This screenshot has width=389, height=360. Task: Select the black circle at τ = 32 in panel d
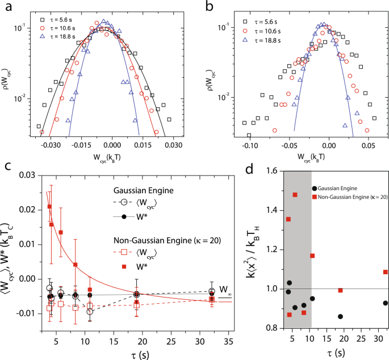coord(386,303)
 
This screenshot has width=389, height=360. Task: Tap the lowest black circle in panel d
coord(340,316)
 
